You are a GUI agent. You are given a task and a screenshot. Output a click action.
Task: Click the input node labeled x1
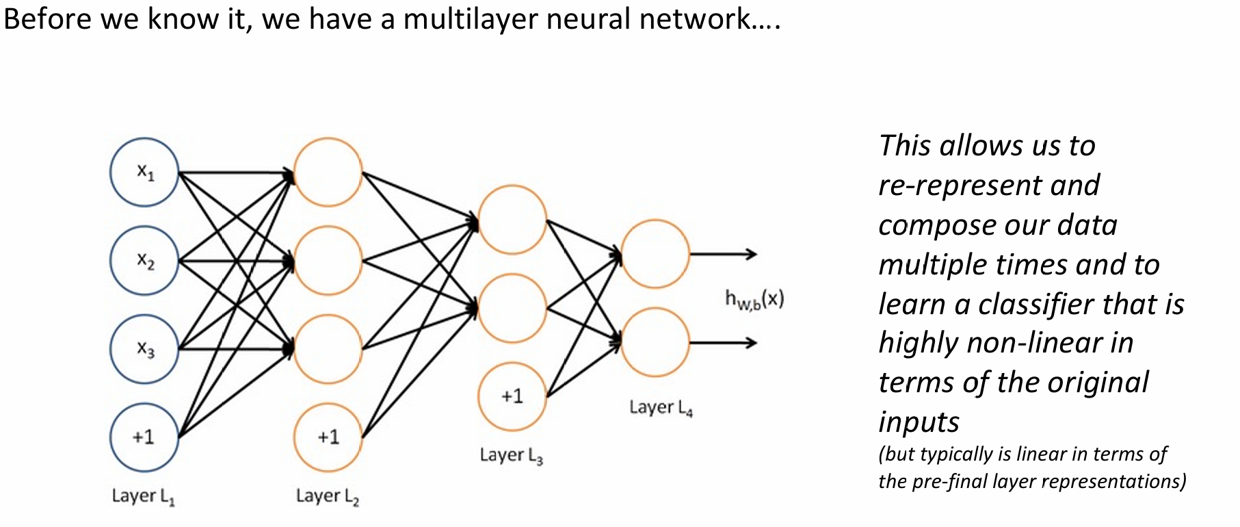(x=144, y=172)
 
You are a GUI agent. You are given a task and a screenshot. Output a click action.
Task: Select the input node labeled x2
(x=144, y=261)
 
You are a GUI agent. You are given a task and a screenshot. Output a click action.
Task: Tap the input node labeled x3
(x=144, y=349)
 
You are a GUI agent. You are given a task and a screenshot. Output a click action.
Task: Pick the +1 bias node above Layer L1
(x=144, y=437)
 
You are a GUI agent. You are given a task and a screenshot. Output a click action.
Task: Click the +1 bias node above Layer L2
(x=328, y=437)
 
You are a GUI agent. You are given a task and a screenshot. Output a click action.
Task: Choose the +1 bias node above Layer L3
(x=512, y=396)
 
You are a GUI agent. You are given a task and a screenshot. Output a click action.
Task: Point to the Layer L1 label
(x=143, y=496)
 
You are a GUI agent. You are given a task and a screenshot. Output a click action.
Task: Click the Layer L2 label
(x=327, y=496)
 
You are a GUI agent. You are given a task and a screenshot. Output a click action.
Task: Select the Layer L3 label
(x=511, y=456)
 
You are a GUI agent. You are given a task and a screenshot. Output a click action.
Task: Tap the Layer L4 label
(x=661, y=408)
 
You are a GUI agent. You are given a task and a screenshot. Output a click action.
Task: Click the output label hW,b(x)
(x=754, y=299)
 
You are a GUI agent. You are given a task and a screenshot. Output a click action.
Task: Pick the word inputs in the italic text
(x=919, y=422)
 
